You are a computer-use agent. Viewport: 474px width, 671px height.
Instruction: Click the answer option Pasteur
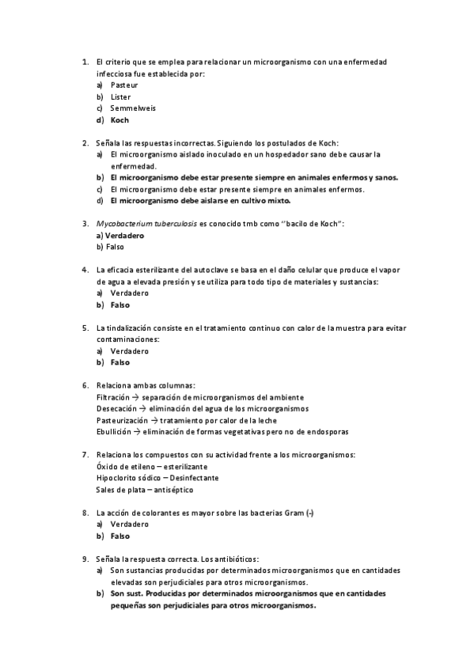tap(125, 85)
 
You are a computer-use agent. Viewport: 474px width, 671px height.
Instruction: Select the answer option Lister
tap(121, 97)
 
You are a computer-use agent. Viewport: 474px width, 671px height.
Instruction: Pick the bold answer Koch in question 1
tap(119, 120)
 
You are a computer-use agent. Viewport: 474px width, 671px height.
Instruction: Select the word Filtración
tap(113, 397)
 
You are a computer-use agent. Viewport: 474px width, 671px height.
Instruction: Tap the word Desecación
tap(116, 408)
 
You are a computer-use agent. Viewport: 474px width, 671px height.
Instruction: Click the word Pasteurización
tap(122, 420)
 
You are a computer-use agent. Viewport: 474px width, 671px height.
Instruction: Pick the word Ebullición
tap(113, 432)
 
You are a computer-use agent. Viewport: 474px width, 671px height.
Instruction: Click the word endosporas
tap(327, 432)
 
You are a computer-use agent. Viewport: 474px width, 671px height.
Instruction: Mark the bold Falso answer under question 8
tap(120, 536)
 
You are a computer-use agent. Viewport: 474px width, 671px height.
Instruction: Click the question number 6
tap(85, 385)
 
